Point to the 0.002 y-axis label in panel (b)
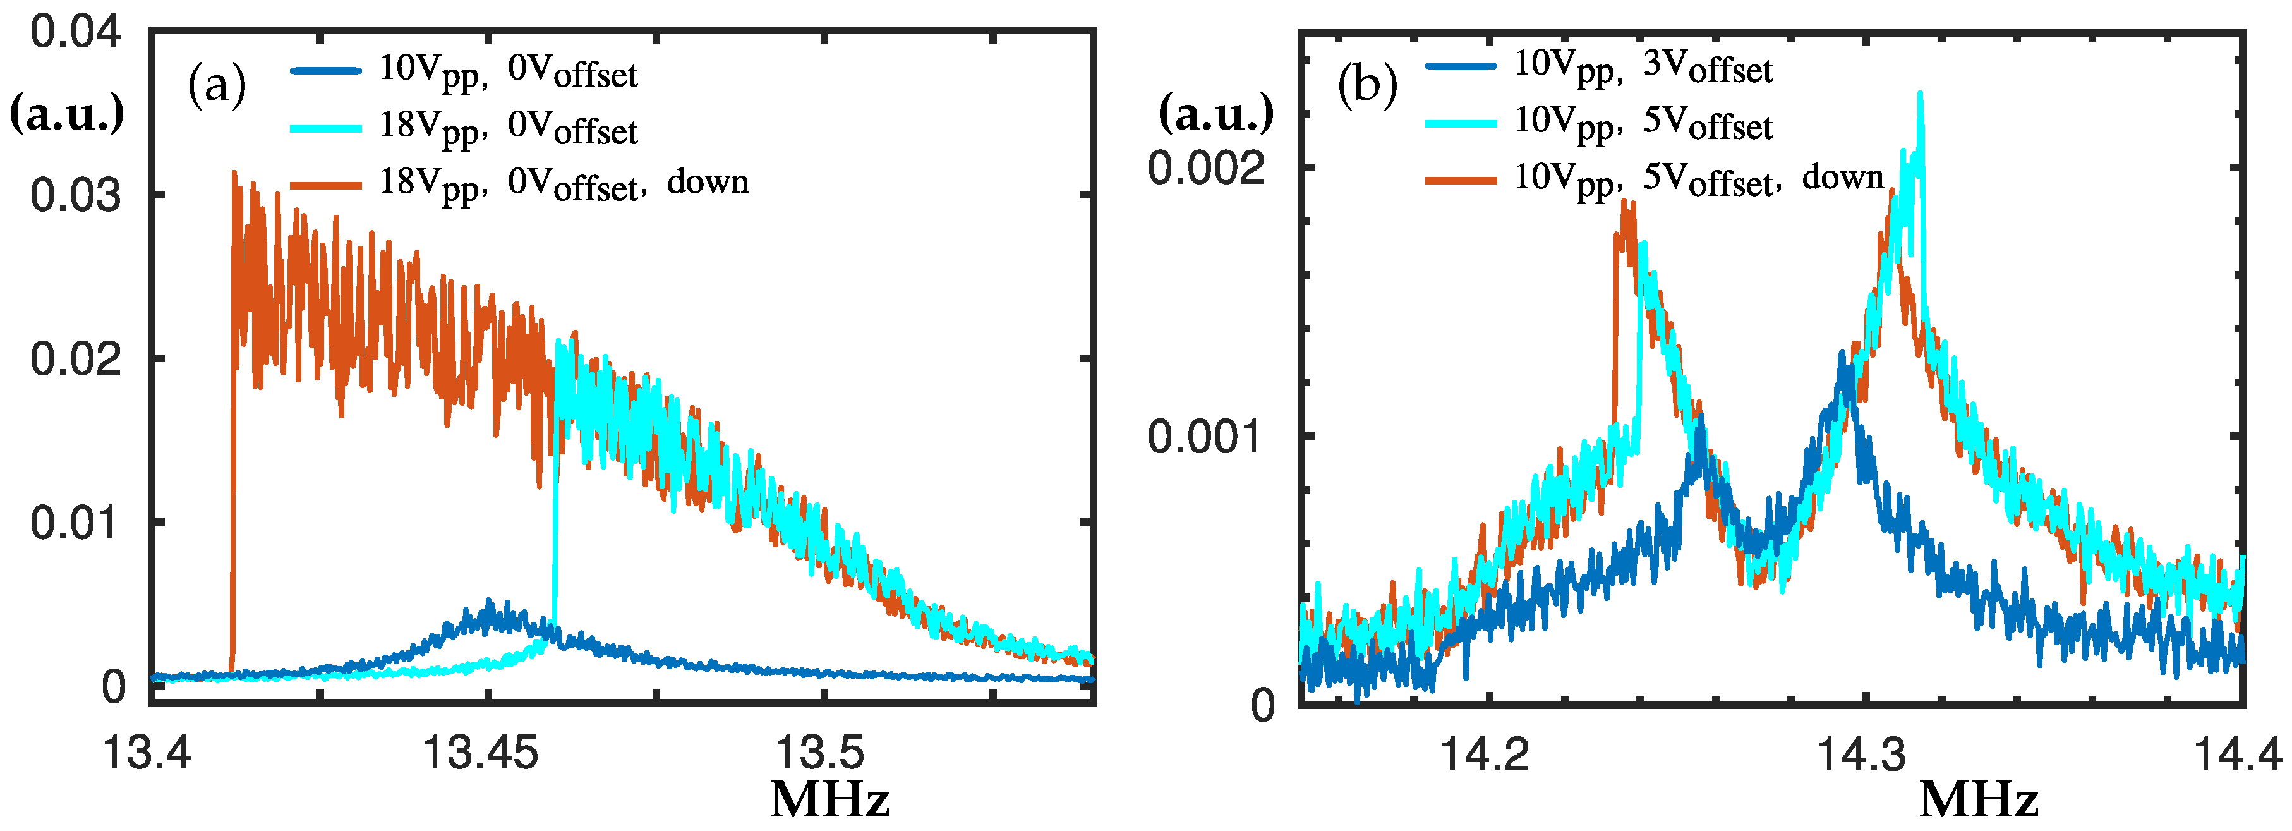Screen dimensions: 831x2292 (1205, 168)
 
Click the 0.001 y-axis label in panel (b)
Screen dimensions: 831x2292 (1205, 437)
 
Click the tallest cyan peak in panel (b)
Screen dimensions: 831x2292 (1920, 94)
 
